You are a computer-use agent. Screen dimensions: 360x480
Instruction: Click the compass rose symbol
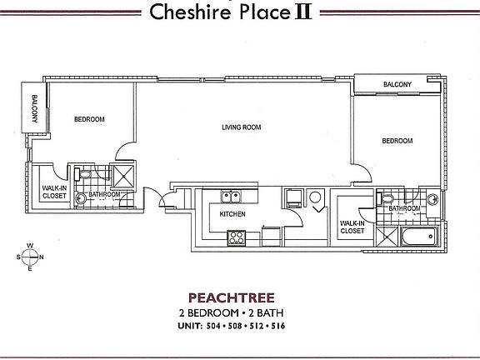[x=31, y=257]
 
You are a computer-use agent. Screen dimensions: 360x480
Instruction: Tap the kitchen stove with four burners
[x=236, y=237]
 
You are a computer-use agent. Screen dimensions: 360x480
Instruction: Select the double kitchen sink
[x=231, y=197]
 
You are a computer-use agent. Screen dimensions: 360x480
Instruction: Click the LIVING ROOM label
[x=242, y=127]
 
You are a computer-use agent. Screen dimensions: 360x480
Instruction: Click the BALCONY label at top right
[x=397, y=85]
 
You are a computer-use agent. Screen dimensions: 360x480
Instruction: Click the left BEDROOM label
[x=89, y=120]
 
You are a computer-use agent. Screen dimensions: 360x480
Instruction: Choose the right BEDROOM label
[x=397, y=142]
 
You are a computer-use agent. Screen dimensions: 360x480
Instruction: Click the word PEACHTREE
[x=239, y=296]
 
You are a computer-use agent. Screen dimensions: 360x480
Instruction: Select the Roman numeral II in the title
[x=302, y=12]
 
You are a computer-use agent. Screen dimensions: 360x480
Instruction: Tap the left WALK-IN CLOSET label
[x=55, y=192]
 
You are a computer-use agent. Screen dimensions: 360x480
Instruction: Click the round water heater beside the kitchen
[x=316, y=198]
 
